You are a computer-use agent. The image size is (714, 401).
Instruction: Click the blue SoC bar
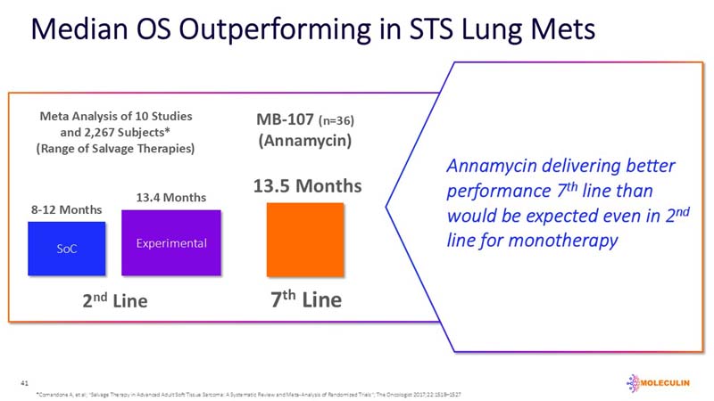[67, 248]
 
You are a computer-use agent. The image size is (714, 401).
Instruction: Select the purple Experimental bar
[170, 242]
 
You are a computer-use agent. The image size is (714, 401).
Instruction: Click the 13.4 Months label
[170, 197]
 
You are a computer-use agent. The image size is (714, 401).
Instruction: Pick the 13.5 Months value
[307, 186]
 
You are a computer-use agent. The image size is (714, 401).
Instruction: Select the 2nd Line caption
[113, 300]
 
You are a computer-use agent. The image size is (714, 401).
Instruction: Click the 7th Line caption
[305, 299]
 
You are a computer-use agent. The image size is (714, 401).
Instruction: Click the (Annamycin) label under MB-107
[303, 141]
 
